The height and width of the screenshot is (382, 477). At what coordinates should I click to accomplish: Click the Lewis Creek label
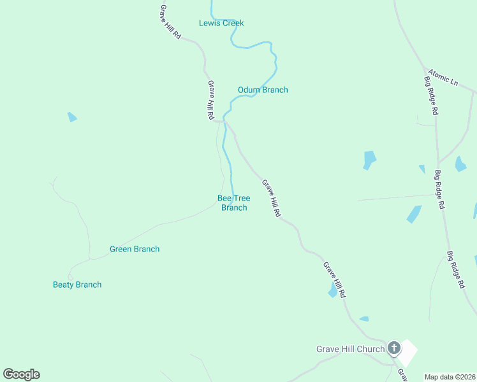coord(221,24)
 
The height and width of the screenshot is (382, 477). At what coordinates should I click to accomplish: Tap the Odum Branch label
coord(263,90)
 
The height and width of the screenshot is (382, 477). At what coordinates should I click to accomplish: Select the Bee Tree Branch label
coord(234,202)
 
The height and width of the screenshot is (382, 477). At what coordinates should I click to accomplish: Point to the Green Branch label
coord(135,249)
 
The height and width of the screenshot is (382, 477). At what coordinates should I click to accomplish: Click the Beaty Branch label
coord(77,285)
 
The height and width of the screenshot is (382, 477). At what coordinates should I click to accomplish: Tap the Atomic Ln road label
coord(443,78)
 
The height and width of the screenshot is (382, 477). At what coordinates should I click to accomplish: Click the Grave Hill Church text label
coord(351,349)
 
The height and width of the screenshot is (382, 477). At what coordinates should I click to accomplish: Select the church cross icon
coord(394,348)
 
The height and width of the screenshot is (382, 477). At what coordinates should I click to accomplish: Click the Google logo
coord(22,374)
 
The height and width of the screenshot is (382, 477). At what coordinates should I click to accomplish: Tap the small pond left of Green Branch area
coord(72,117)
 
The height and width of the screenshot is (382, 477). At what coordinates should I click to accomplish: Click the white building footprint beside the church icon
coord(407,351)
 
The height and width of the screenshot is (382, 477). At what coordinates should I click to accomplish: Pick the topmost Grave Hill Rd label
coord(171,23)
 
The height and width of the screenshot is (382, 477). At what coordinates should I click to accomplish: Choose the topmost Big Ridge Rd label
coord(431,95)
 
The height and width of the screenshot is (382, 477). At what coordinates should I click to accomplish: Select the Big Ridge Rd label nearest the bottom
coord(455,271)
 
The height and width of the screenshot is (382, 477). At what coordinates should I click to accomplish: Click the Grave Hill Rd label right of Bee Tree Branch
coord(272,199)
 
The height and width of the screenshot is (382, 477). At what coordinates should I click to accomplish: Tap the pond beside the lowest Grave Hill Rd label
coord(332,291)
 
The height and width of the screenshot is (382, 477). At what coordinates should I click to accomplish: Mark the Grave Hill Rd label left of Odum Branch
coord(210,101)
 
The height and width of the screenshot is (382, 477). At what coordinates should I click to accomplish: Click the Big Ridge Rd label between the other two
coord(440,190)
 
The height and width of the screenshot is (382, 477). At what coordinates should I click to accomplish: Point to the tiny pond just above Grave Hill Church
coord(363,318)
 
